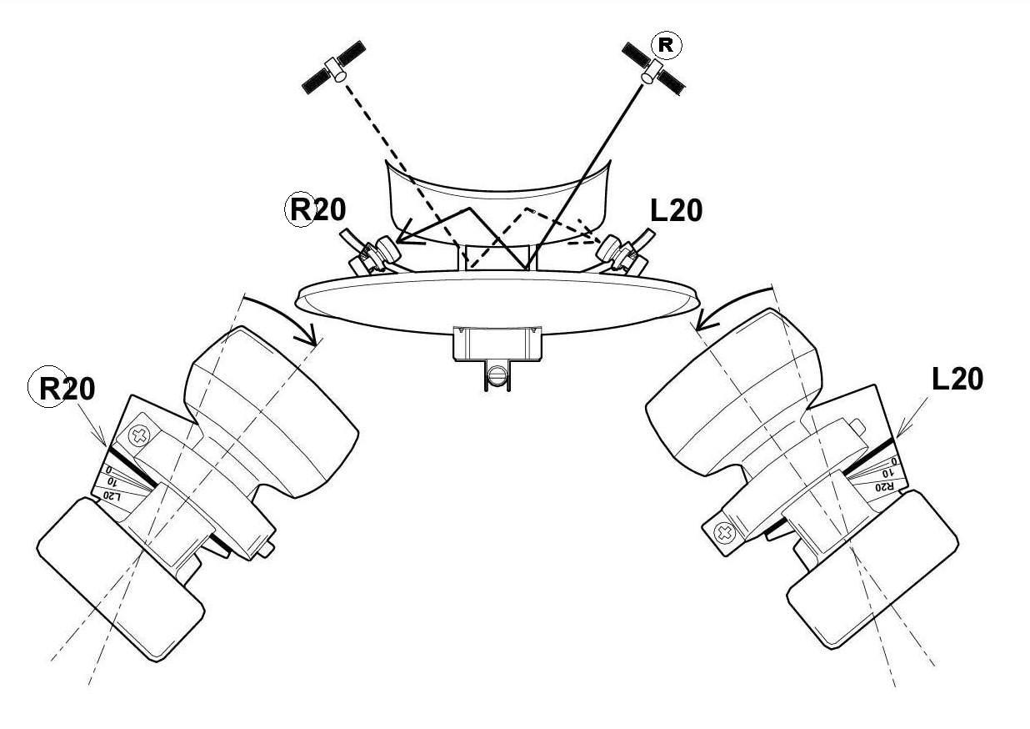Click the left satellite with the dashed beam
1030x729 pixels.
coord(334,68)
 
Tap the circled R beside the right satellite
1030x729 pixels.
coord(667,46)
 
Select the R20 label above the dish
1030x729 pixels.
coord(316,210)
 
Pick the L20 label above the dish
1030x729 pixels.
coord(677,211)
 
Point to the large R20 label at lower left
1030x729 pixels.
coord(62,389)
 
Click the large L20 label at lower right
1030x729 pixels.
coord(957,380)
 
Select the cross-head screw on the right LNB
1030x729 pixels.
coord(724,533)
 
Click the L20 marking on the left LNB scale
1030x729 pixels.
coord(112,496)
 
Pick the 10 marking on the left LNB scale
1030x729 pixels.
coord(112,481)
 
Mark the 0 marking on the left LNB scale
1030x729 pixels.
coord(109,469)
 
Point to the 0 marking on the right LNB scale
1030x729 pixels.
coord(894,460)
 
